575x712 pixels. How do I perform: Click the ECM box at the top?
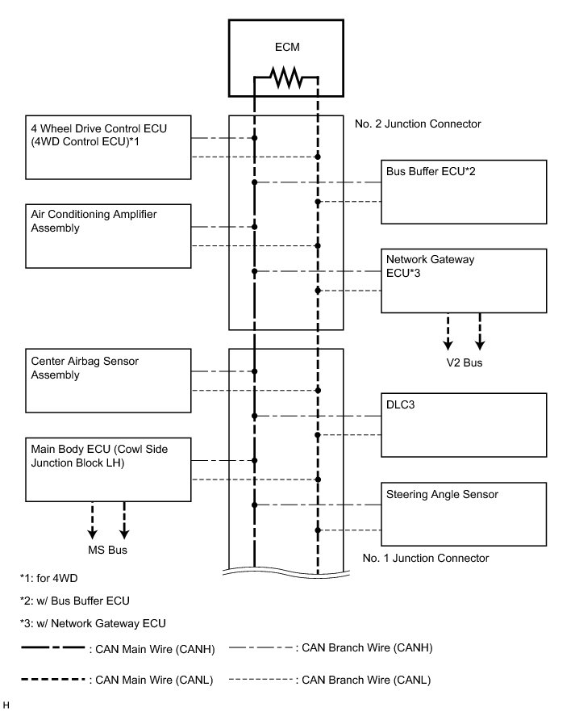coord(285,48)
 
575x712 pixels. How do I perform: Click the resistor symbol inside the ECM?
coord(285,78)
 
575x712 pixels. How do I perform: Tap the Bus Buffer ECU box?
coord(464,191)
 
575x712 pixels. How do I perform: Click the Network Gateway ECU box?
coord(464,280)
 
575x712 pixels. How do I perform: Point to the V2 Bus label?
coord(465,363)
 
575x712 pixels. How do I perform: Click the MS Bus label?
coord(108,551)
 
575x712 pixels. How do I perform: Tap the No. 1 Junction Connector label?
coord(425,558)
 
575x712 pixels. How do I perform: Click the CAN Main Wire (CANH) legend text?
coord(154,647)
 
